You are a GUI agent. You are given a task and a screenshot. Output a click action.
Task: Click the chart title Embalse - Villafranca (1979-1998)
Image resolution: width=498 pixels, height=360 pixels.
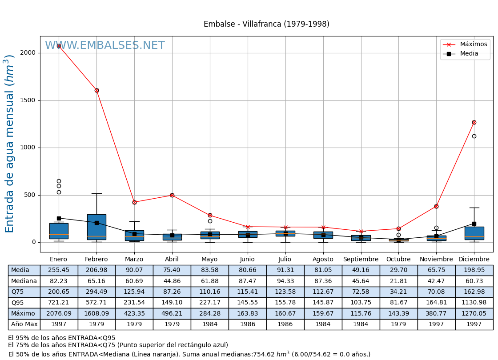[x=266, y=24]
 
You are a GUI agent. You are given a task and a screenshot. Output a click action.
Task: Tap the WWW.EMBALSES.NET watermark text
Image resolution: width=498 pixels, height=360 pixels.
[x=105, y=46]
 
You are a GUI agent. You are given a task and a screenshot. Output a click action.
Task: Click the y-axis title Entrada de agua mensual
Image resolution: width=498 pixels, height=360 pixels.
[x=10, y=144]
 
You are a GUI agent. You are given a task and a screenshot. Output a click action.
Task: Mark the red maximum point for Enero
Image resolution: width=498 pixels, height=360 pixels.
[x=59, y=46]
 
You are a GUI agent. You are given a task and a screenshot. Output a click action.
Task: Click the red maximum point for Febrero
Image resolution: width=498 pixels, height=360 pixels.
[x=96, y=90]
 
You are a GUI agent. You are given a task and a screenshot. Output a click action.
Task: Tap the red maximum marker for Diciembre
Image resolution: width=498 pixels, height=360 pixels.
[x=474, y=122]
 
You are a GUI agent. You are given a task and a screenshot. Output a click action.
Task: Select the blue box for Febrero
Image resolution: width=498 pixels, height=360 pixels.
[x=96, y=227]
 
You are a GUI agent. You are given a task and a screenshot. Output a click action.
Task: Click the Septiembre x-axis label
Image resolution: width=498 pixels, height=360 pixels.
[x=361, y=259]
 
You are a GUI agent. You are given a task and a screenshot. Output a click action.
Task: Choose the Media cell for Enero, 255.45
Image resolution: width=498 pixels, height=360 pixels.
[x=59, y=270]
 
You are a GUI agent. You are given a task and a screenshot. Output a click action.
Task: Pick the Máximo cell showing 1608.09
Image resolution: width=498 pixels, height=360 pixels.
[x=96, y=313]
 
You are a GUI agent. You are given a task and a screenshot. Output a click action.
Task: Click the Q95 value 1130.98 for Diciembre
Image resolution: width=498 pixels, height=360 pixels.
[x=474, y=303]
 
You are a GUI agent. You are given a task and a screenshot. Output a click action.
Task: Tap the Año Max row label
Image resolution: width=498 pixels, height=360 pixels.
[x=24, y=324]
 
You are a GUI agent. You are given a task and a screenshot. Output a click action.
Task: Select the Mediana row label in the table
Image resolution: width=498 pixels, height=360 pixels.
[x=24, y=281]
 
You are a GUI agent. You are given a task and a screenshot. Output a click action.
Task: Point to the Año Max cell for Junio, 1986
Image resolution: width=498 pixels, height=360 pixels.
[x=247, y=324]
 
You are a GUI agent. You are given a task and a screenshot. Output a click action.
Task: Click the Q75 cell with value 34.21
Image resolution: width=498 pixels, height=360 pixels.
[x=398, y=292]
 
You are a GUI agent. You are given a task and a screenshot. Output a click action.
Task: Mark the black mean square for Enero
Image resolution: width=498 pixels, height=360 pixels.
[x=59, y=218]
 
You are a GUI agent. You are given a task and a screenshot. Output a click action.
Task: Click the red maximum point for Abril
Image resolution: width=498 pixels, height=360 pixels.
[x=172, y=195]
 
